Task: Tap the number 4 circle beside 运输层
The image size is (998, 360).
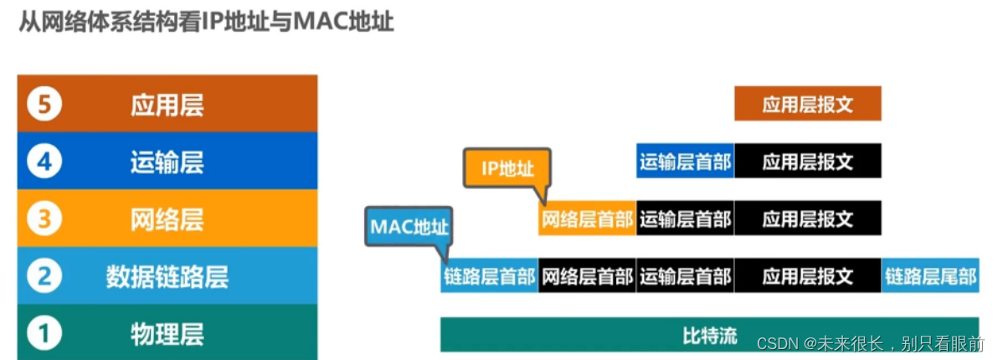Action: pos(44,162)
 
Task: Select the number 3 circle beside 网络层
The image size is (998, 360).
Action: pos(44,219)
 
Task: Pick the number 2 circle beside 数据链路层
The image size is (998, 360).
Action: pos(44,276)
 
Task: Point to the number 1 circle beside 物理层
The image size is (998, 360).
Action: pos(44,333)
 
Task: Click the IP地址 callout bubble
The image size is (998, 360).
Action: pos(507,168)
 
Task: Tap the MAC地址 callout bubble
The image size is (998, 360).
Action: pos(409,227)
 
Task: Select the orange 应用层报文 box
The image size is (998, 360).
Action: pos(808,105)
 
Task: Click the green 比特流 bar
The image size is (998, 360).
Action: pos(710,336)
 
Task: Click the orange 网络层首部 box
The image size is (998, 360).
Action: pos(587,220)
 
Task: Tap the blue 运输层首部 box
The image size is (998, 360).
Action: pos(686,162)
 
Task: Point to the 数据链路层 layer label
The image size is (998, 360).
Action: pos(167,276)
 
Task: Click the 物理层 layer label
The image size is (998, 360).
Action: pos(167,333)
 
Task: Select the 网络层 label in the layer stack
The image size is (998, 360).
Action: pos(167,219)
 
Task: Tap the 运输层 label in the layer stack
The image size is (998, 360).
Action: pos(167,162)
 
